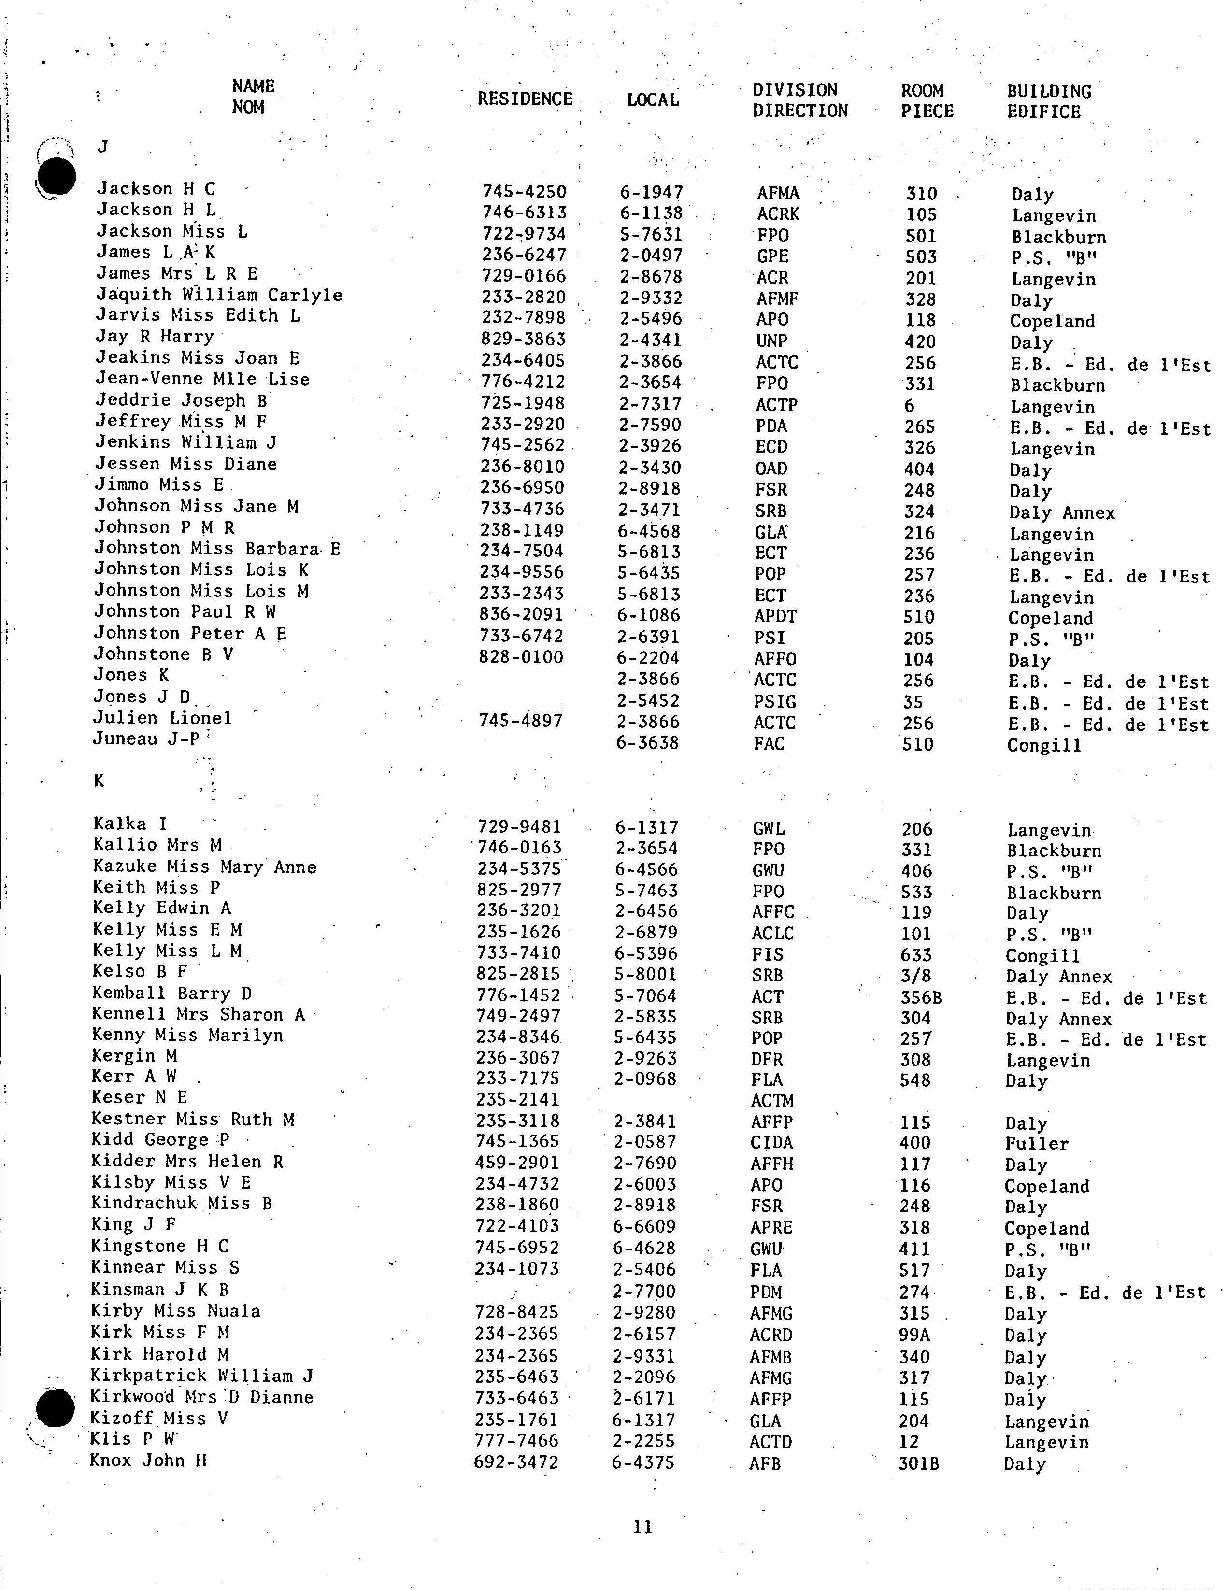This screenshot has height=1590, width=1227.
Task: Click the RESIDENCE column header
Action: click(525, 99)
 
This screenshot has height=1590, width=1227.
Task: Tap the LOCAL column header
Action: click(653, 100)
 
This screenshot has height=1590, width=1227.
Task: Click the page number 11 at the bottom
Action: click(643, 1527)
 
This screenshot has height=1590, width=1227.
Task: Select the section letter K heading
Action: click(99, 781)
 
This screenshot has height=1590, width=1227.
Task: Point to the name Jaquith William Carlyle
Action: click(219, 295)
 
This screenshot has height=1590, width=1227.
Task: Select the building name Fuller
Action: click(1036, 1144)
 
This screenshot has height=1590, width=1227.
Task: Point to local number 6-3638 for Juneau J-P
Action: click(647, 743)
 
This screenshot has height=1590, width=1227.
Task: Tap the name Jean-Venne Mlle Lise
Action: click(202, 379)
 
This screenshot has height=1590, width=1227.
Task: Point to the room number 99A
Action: click(914, 1335)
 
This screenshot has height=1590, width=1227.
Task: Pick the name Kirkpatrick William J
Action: click(202, 1376)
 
